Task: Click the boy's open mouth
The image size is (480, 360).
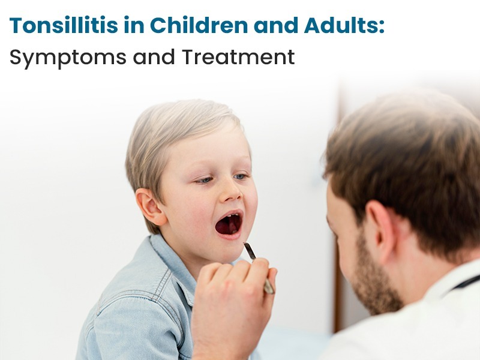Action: (229, 224)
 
